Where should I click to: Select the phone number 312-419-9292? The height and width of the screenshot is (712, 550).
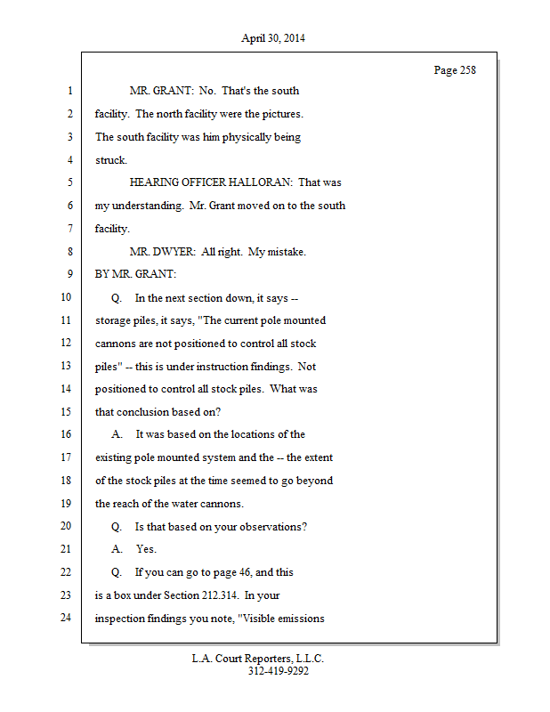coord(278,671)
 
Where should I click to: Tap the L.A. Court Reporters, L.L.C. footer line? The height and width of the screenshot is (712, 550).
coord(258,659)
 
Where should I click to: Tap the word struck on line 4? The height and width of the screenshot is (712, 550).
coord(110,160)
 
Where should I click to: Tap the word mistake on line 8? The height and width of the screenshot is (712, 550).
coord(284,252)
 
